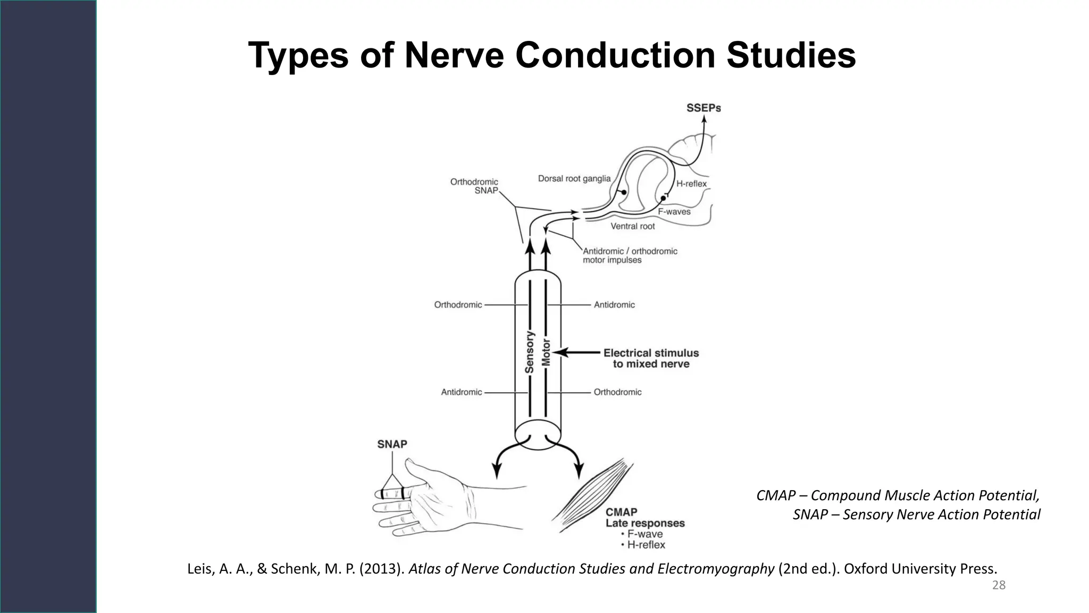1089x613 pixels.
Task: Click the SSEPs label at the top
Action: click(703, 108)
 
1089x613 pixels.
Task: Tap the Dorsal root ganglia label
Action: click(574, 179)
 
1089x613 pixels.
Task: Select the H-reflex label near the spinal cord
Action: click(691, 184)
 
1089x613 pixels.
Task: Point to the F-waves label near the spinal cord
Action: click(674, 211)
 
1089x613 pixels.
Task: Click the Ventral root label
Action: click(632, 226)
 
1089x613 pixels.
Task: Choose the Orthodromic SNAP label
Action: click(474, 186)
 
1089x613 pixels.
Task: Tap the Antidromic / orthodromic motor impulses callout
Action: click(630, 255)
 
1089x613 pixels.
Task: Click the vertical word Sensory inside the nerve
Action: click(529, 352)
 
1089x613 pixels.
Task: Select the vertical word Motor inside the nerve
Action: click(546, 352)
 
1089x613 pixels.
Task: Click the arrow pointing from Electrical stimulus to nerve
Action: click(577, 352)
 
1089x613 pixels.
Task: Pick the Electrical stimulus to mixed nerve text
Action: click(651, 358)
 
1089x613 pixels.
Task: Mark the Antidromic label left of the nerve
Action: click(461, 392)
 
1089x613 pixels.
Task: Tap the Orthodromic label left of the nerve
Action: click(458, 305)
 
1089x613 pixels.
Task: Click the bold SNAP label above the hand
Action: click(392, 444)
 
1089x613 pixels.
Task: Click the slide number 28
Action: click(999, 585)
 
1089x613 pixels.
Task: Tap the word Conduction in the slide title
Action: click(615, 55)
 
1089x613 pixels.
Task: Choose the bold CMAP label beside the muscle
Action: click(621, 512)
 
